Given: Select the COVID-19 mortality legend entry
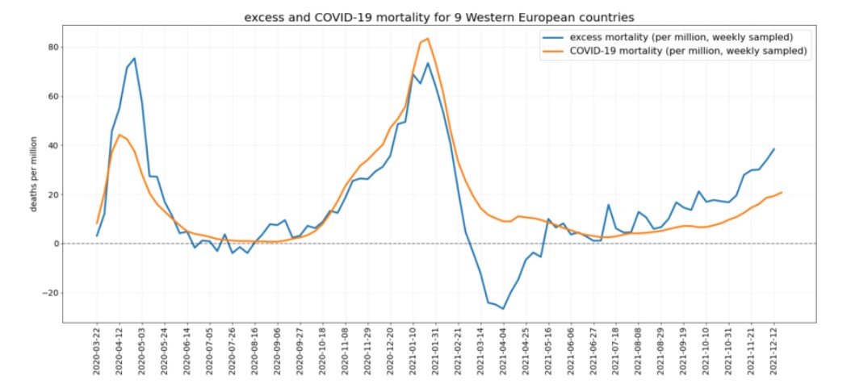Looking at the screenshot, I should coord(688,51).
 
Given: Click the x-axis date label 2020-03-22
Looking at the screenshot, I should coord(98,354).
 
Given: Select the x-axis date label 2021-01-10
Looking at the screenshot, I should coord(413,354).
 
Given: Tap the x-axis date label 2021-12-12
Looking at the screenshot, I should coord(773,354).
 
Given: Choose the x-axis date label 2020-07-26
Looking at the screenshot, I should coord(233,354).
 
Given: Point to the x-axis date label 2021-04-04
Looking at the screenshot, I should coord(503,354).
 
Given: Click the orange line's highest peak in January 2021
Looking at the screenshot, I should coord(428,39).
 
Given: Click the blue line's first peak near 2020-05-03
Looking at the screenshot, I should coord(134,58).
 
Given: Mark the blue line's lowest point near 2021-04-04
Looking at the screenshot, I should coord(503,309).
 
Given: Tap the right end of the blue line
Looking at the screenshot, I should coord(774,148).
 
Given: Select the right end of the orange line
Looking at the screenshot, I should coord(782,192).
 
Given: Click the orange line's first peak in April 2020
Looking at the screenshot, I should coord(119,135).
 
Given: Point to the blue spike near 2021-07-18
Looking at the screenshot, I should coord(608,205).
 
